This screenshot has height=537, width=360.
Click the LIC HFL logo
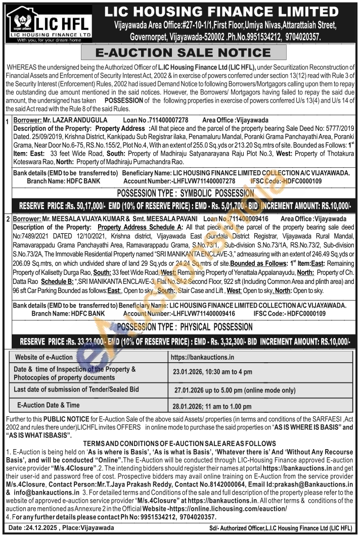click(49, 24)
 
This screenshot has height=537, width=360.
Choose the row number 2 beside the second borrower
click(8, 219)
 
